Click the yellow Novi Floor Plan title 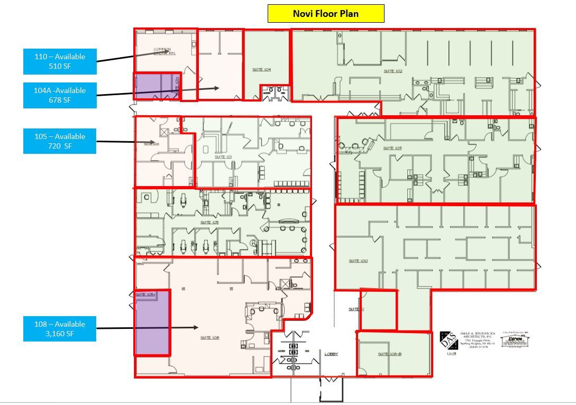point(326,14)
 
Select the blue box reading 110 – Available point(60,61)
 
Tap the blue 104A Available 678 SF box point(60,95)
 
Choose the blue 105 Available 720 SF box point(60,141)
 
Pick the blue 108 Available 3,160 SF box point(60,329)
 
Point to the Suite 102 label point(393,70)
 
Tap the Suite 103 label point(392,148)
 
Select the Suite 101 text point(223,157)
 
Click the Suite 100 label point(358,261)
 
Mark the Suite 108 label point(210,337)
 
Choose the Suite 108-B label point(389,354)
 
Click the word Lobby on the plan point(332,354)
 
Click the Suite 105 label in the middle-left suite point(209,223)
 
